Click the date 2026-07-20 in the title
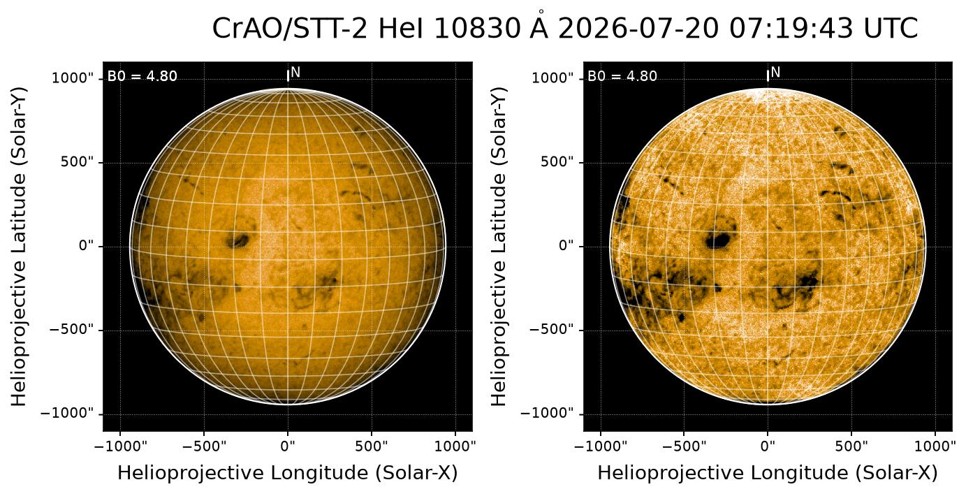pyautogui.click(x=638, y=29)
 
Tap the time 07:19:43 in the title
pyautogui.click(x=791, y=29)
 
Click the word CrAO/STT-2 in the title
pyautogui.click(x=290, y=29)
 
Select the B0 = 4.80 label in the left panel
pyautogui.click(x=142, y=76)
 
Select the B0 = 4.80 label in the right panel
pyautogui.click(x=622, y=76)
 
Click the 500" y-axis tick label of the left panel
pyautogui.click(x=77, y=162)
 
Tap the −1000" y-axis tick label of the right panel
pyautogui.click(x=546, y=414)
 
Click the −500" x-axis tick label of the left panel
pyautogui.click(x=204, y=446)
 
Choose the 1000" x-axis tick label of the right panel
pyautogui.click(x=935, y=446)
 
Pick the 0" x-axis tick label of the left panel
pyautogui.click(x=288, y=446)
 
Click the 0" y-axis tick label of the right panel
pyautogui.click(x=566, y=246)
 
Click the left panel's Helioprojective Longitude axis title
pyautogui.click(x=288, y=473)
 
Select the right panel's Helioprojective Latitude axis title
pyautogui.click(x=499, y=247)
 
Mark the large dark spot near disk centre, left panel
pyautogui.click(x=238, y=240)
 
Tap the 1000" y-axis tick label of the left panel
pyautogui.click(x=73, y=78)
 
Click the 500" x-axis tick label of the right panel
pyautogui.click(x=851, y=446)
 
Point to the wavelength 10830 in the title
pyautogui.click(x=477, y=29)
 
